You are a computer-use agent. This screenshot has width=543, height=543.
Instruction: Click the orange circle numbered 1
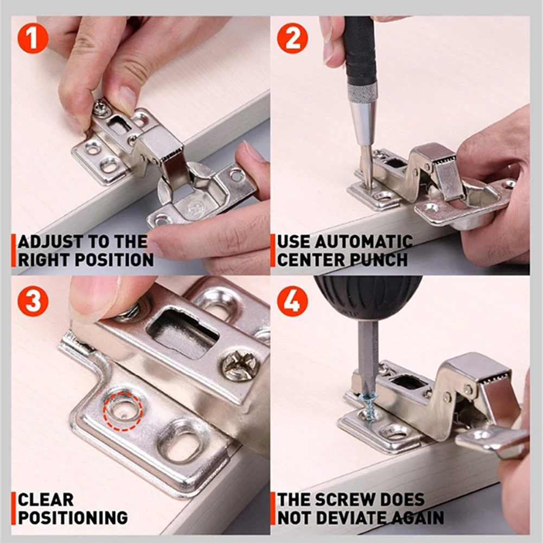(33, 38)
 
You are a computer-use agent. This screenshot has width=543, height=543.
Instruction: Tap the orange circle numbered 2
(292, 38)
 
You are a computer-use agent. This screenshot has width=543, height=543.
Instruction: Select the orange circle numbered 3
(33, 301)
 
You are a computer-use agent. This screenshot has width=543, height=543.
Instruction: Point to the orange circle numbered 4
(292, 301)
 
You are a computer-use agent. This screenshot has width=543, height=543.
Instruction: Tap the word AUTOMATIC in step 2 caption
(363, 242)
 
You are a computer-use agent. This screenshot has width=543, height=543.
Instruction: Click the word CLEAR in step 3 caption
(46, 500)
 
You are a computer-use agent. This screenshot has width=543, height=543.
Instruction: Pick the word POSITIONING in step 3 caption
(73, 518)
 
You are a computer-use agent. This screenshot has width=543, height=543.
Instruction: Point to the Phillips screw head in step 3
(240, 365)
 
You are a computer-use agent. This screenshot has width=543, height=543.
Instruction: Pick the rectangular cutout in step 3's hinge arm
(183, 333)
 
